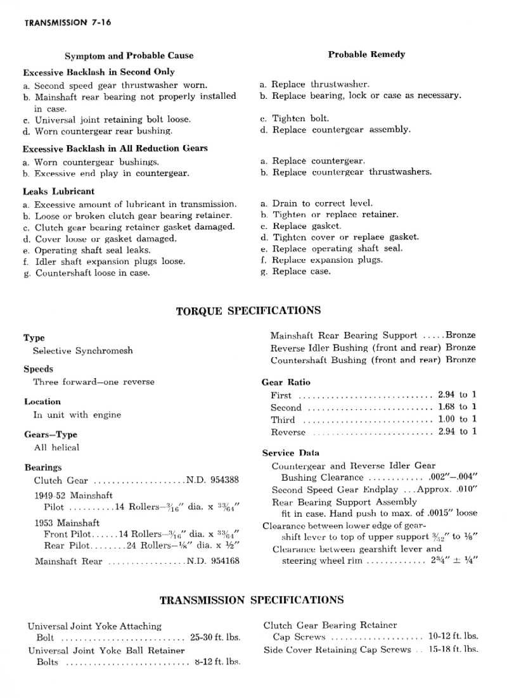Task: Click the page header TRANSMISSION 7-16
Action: click(68, 22)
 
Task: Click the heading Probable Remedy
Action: click(366, 54)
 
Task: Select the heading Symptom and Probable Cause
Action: click(129, 56)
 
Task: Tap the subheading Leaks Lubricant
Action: click(59, 191)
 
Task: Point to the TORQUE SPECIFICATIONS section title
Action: click(248, 311)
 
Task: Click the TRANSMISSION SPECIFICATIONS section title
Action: click(252, 600)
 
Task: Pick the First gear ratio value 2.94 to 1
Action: click(457, 395)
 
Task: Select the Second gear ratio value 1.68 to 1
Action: click(457, 407)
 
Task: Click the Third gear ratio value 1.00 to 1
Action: click(457, 419)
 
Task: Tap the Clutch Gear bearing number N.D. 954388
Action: click(212, 480)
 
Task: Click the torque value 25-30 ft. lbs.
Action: click(217, 638)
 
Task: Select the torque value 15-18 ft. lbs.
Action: click(453, 649)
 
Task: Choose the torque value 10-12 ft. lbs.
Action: click(453, 637)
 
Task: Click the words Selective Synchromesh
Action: click(83, 351)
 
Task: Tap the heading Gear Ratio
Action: click(286, 383)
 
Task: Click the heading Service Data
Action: click(291, 453)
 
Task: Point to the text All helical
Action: click(56, 447)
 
